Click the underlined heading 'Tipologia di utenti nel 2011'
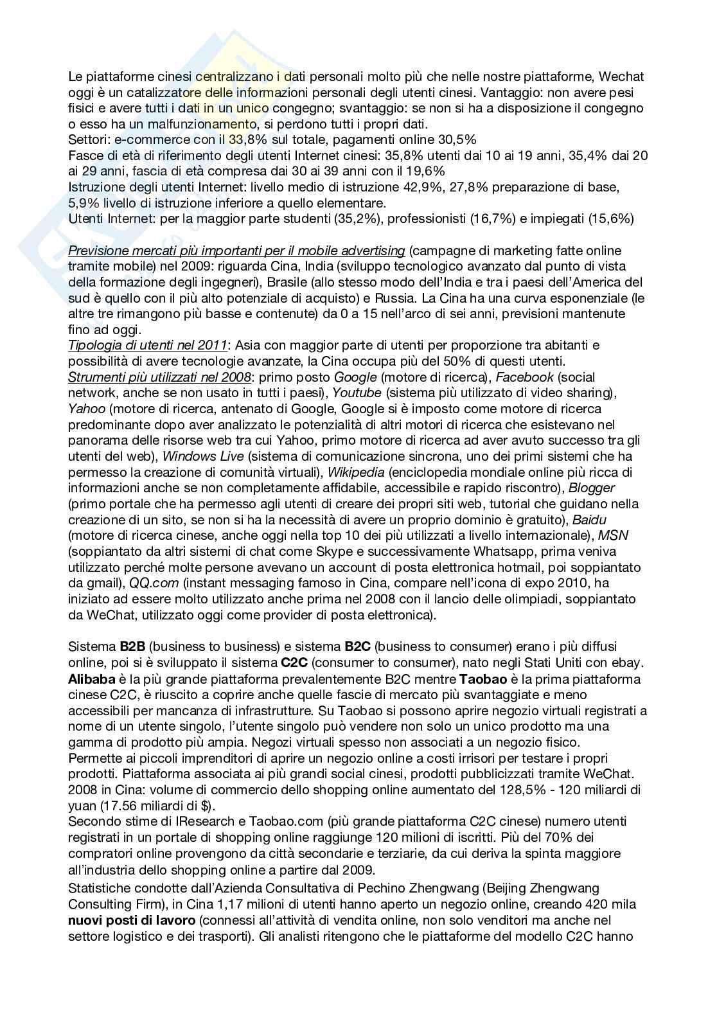click(147, 346)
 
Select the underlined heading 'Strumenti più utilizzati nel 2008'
click(159, 377)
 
